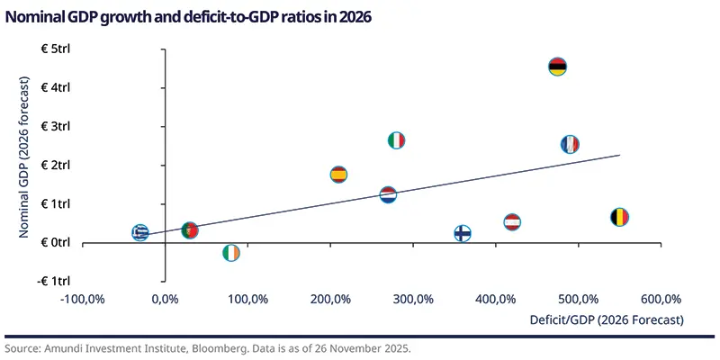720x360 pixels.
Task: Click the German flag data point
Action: click(x=558, y=67)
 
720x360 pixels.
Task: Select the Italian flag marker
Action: click(x=396, y=140)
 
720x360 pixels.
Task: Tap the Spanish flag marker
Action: click(x=338, y=175)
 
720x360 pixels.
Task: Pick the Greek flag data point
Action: click(x=140, y=232)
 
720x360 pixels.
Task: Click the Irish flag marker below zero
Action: click(x=231, y=253)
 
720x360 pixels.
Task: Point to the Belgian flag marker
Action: click(x=619, y=217)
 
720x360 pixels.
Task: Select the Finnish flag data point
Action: click(x=463, y=233)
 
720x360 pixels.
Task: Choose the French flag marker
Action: click(x=570, y=144)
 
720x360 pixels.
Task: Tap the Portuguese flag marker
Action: click(x=189, y=230)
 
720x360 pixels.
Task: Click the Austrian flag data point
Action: click(x=512, y=222)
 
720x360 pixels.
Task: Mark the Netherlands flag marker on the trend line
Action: click(x=388, y=195)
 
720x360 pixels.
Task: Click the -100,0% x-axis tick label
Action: click(x=84, y=299)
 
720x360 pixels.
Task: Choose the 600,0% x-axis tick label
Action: click(x=661, y=299)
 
